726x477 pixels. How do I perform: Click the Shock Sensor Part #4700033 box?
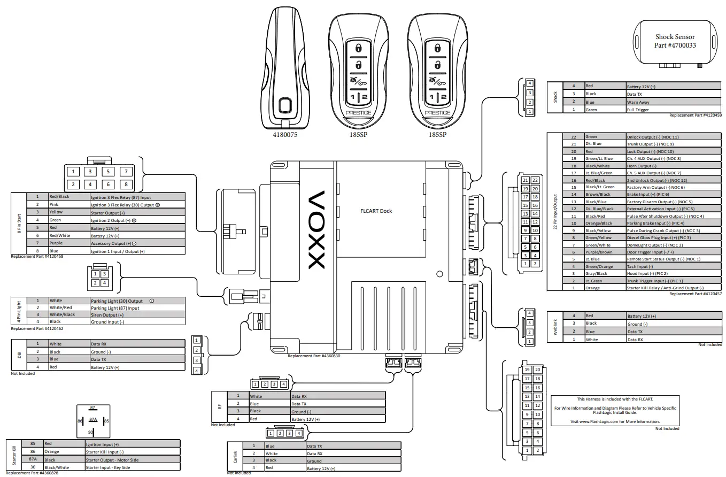pyautogui.click(x=675, y=42)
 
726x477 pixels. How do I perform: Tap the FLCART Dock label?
pyautogui.click(x=376, y=211)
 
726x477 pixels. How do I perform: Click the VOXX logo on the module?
pyautogui.click(x=316, y=230)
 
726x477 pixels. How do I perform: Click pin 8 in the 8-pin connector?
pyautogui.click(x=126, y=184)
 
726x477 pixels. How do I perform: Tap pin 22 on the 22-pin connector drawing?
pyautogui.click(x=535, y=180)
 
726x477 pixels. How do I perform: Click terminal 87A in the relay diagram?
pyautogui.click(x=93, y=420)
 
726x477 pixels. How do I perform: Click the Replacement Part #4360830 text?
pyautogui.click(x=314, y=356)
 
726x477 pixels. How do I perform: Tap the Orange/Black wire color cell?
pyautogui.click(x=599, y=223)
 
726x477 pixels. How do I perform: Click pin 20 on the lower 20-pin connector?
pyautogui.click(x=538, y=370)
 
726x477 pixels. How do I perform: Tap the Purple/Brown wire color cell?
pyautogui.click(x=599, y=252)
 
